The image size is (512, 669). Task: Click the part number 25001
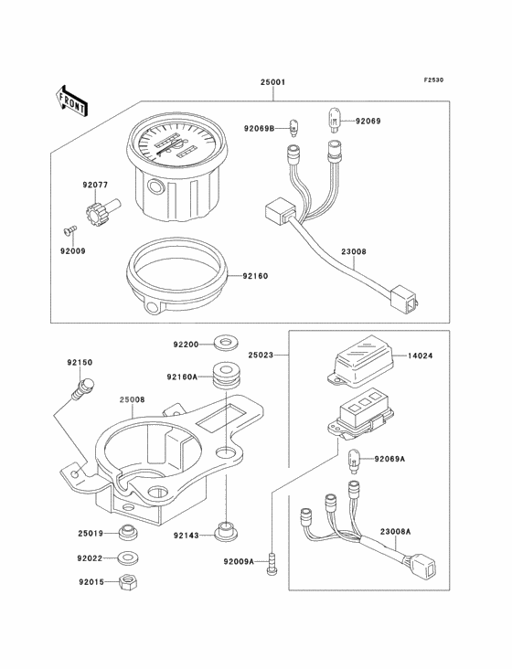pyautogui.click(x=272, y=82)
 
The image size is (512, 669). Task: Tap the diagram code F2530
pyautogui.click(x=433, y=80)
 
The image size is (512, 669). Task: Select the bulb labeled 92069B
pyautogui.click(x=293, y=128)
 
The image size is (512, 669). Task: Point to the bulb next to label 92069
pyautogui.click(x=334, y=121)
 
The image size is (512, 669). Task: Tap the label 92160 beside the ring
pyautogui.click(x=255, y=276)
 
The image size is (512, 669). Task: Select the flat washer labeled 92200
pyautogui.click(x=225, y=344)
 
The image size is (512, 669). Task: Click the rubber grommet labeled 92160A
pyautogui.click(x=225, y=376)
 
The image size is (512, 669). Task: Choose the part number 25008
pyautogui.click(x=132, y=399)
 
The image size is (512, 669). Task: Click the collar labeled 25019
pyautogui.click(x=129, y=533)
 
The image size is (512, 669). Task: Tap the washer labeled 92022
pyautogui.click(x=129, y=557)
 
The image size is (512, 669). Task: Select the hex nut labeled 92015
pyautogui.click(x=129, y=581)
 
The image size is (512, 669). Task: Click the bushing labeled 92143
pyautogui.click(x=225, y=531)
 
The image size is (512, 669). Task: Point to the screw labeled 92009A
pyautogui.click(x=272, y=564)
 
